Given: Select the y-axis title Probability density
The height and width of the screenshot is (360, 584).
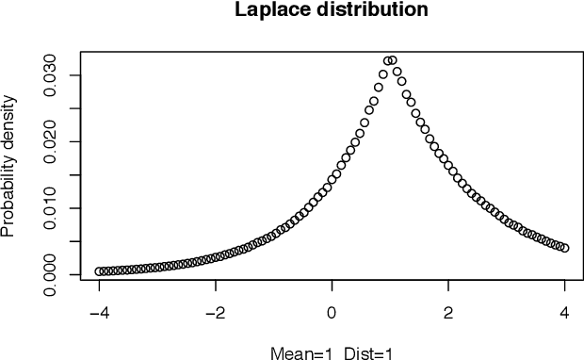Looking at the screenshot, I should [8, 165].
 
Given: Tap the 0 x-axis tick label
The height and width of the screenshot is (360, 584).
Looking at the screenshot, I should [332, 312].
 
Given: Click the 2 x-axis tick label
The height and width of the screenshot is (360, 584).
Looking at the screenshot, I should [448, 312].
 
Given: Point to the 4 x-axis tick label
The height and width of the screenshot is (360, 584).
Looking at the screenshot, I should [565, 312].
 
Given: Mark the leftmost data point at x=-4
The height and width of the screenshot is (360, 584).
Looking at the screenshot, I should [99, 271].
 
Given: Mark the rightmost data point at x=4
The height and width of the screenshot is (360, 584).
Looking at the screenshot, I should [564, 248].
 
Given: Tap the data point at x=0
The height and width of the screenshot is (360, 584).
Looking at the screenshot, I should [332, 179].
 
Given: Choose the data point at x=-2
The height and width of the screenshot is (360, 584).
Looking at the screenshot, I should [216, 256].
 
